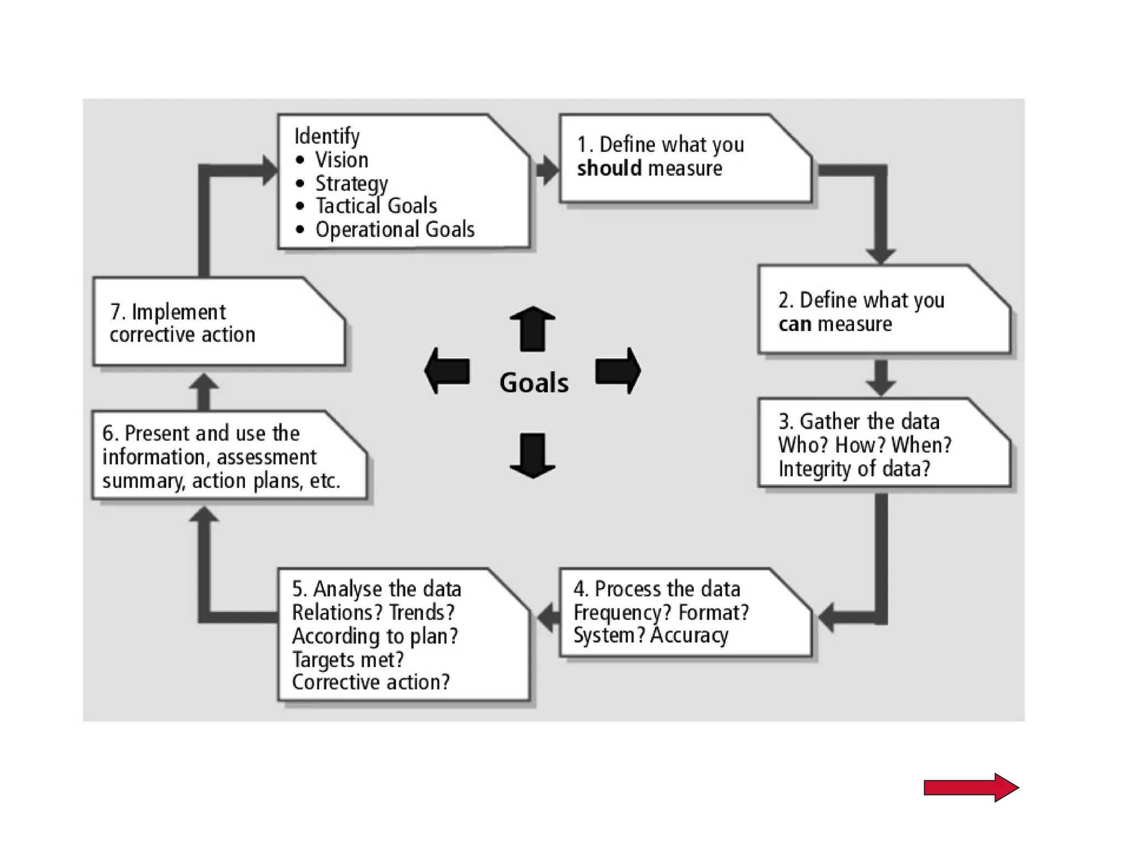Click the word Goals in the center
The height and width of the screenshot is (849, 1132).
coord(533,382)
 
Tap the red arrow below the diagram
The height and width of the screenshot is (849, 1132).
coord(971,787)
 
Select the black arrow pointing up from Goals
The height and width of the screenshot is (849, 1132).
coord(532,329)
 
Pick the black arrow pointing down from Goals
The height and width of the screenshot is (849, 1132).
coord(532,455)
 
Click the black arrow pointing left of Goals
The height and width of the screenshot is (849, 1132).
coord(448,370)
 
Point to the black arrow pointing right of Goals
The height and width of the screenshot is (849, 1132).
coord(618,370)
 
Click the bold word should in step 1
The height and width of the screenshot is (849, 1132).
coord(609,168)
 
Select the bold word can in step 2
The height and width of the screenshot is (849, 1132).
coord(794,324)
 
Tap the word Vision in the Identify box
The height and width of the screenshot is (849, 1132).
coord(342,160)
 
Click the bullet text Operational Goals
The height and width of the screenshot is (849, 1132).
coord(395,229)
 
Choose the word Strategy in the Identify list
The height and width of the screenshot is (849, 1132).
coord(352,183)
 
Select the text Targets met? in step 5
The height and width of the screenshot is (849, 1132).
coord(348,659)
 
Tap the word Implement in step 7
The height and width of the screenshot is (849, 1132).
coord(179,312)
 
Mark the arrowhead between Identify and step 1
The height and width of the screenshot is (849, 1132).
coord(547,169)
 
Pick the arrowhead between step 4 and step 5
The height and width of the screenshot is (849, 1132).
coord(548,617)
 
